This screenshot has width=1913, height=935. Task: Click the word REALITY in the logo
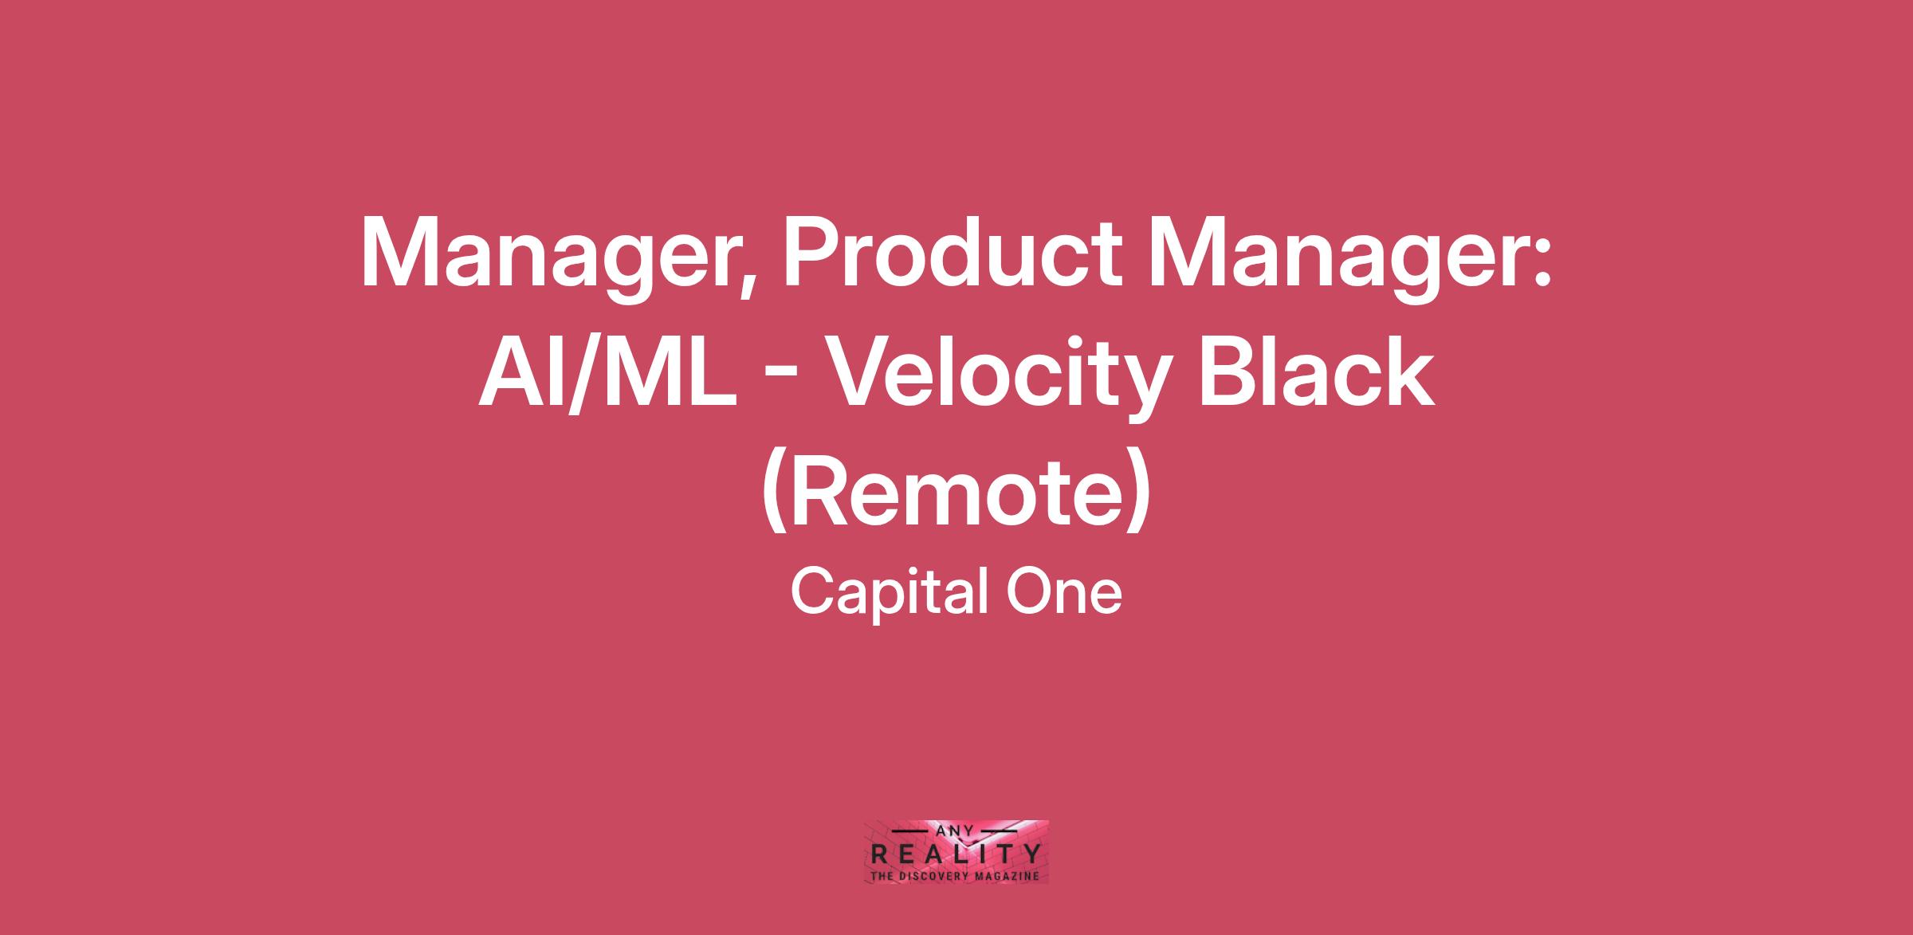956,854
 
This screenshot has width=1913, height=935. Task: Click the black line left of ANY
914,831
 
